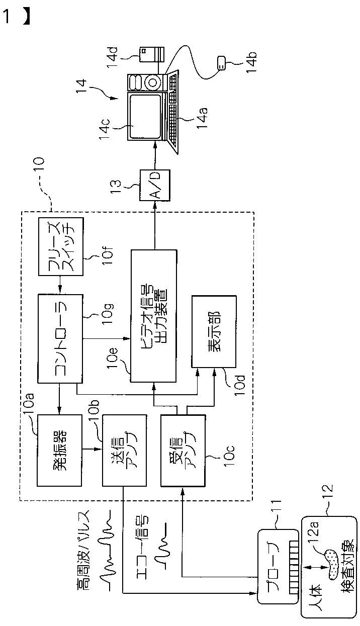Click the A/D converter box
(155, 185)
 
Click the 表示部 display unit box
(214, 331)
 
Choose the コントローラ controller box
(60, 338)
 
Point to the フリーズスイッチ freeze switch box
(61, 247)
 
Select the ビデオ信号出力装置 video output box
(154, 316)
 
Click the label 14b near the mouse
(252, 62)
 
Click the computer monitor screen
(145, 116)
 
